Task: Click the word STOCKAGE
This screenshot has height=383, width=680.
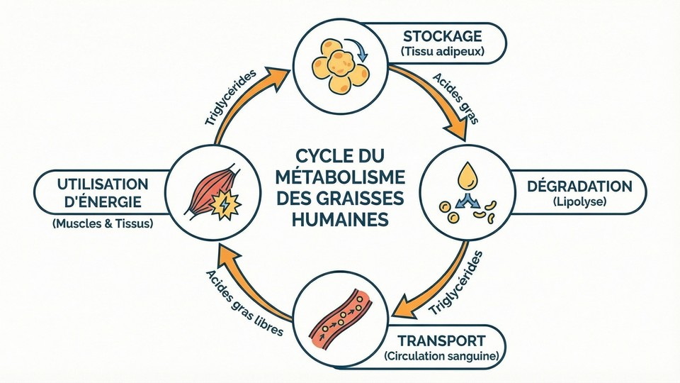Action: coord(443,36)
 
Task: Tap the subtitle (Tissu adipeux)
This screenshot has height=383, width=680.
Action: coord(443,52)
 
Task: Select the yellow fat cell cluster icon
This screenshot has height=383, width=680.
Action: coord(339,60)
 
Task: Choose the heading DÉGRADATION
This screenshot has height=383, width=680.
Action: coord(579,187)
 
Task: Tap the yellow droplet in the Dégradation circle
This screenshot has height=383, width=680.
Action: coord(466,176)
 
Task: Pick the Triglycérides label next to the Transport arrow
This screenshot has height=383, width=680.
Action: coord(455,283)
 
